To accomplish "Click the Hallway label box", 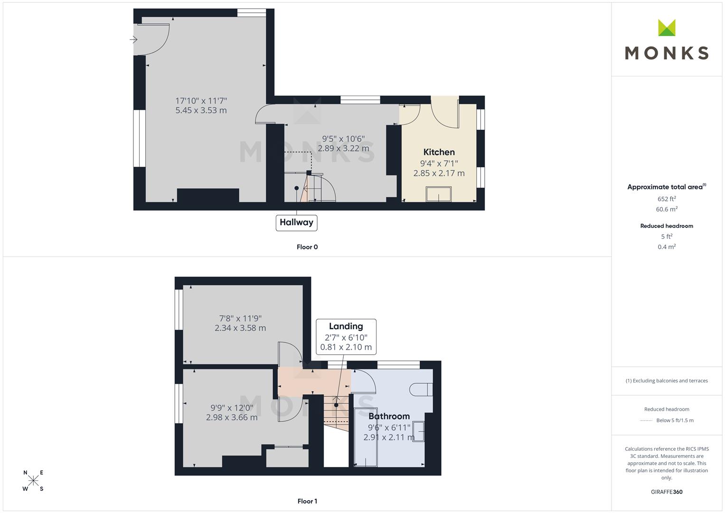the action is coord(296,223).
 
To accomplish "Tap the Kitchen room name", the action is coord(439,152).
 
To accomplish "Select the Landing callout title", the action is coord(346,326).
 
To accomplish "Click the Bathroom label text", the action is coord(389,416).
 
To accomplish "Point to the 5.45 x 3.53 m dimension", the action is coord(201,110).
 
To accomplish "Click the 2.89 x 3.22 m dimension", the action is coord(343,148).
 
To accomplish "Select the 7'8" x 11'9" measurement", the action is coord(240,319).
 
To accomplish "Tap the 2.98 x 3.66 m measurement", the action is coord(232,418).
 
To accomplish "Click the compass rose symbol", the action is coord(33,481).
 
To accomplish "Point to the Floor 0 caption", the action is coord(307,247).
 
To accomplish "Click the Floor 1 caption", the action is coord(307,501).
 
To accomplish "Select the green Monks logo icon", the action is coord(667,28).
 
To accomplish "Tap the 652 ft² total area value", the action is coord(667,199).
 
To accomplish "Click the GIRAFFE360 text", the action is coord(667,492).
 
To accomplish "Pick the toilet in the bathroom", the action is coord(421,389).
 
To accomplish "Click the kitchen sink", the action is coord(439,194).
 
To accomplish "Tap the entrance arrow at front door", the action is coord(133,39).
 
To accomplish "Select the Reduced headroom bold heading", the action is coord(667,226).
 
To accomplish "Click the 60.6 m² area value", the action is coord(667,209).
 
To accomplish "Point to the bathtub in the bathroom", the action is coord(366,437).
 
